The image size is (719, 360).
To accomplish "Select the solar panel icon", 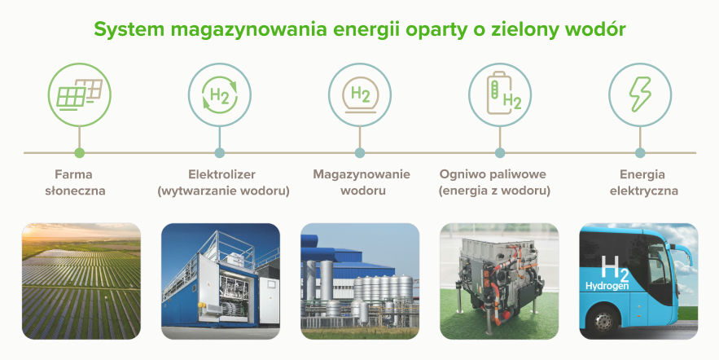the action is pos(79,94).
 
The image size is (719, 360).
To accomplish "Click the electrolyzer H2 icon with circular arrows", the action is pos(220,95).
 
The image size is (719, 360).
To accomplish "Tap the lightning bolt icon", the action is pos(640,94).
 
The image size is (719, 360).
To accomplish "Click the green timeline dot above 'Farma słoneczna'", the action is pos(79,152).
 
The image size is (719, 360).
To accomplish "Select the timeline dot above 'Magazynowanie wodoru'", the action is pos(360,152).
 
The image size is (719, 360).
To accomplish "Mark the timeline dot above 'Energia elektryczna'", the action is pos(640,152).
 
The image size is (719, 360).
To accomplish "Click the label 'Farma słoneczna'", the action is pos(75,182).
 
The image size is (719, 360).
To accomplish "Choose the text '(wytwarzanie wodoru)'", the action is pos(223,191).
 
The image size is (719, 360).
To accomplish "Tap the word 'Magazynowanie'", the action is pos(362,175).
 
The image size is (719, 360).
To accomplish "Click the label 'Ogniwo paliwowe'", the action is pos(493,175).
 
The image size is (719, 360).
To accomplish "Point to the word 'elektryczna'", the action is pos(644,191).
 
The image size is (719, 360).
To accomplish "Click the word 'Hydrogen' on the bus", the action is pos(607,286).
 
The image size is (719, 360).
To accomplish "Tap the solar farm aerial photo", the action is pos(81,281).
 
